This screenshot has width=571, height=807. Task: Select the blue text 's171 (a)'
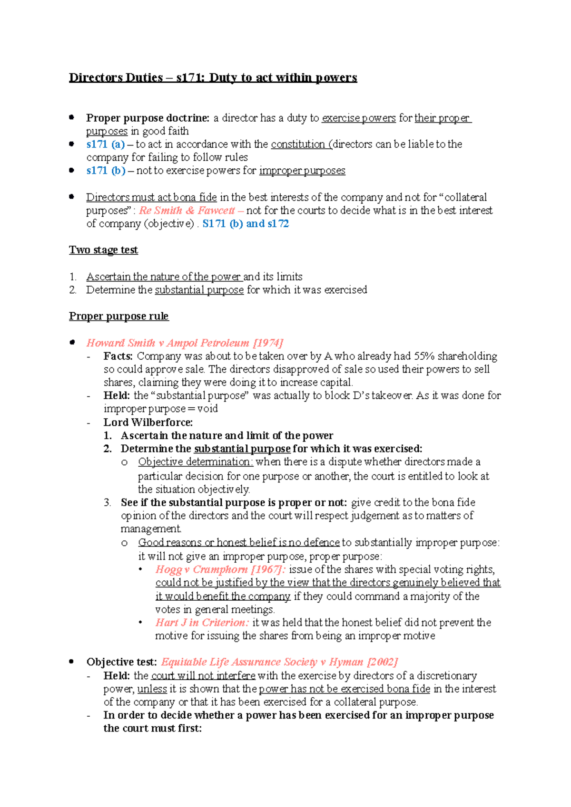pos(105,144)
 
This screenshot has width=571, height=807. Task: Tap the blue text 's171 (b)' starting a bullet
pos(106,171)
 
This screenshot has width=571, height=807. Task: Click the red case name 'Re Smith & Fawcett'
pos(187,211)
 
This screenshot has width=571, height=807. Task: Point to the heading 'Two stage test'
pos(103,250)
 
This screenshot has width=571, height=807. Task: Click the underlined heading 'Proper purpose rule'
pos(118,317)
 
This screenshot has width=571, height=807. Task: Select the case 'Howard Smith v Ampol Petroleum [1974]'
pos(185,343)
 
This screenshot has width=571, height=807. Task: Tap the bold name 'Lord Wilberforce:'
pos(148,423)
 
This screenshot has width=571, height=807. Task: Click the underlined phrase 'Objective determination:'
pos(195,462)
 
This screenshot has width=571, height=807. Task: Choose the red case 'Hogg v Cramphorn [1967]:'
pos(220,569)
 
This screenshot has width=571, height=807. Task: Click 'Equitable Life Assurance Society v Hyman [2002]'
pos(279,662)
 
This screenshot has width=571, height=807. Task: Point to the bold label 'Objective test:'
pos(121,662)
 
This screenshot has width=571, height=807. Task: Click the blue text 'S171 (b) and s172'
pos(246,224)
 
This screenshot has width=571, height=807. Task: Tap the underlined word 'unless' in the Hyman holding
pos(152,689)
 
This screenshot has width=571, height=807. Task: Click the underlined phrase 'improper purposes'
pos(302,171)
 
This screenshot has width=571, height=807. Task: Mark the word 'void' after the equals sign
pos(207,409)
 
